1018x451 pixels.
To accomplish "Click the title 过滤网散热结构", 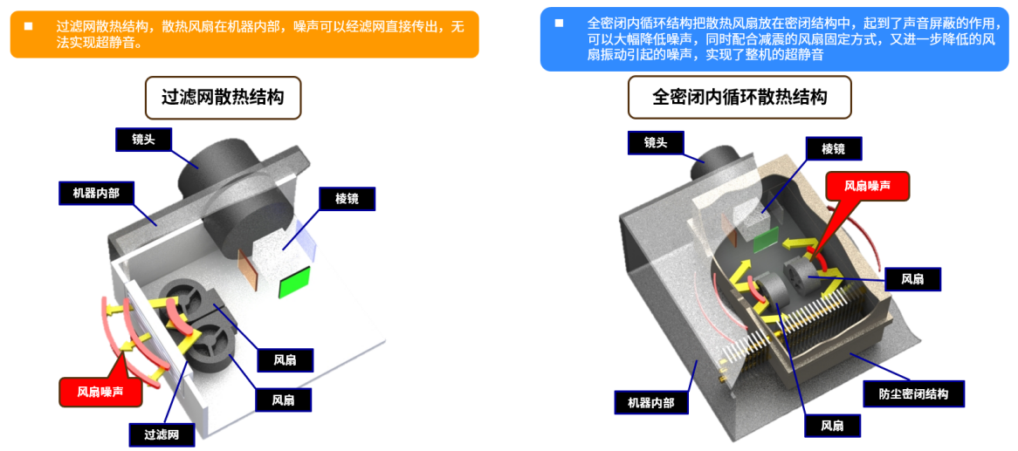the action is (223, 98).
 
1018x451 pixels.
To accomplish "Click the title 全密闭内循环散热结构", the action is (739, 97).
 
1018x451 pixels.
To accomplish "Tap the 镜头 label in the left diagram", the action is (143, 139).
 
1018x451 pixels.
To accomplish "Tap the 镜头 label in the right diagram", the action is (655, 142).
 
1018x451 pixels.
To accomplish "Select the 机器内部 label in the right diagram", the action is (651, 402).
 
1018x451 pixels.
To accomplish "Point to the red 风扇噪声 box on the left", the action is (100, 392).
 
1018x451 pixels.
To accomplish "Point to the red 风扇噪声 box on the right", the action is (868, 185).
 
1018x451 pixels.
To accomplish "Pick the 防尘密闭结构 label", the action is (912, 393).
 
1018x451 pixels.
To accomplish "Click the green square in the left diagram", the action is (294, 284).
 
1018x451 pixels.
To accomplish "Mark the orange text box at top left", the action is (244, 34).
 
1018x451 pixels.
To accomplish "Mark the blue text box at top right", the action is (774, 38).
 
